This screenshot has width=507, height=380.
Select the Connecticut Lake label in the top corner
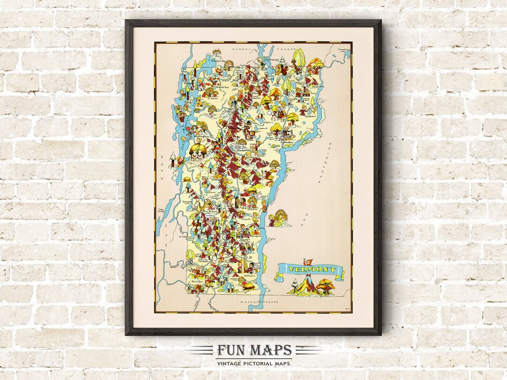click(343, 50)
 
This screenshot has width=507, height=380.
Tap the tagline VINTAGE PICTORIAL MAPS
click(254, 363)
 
